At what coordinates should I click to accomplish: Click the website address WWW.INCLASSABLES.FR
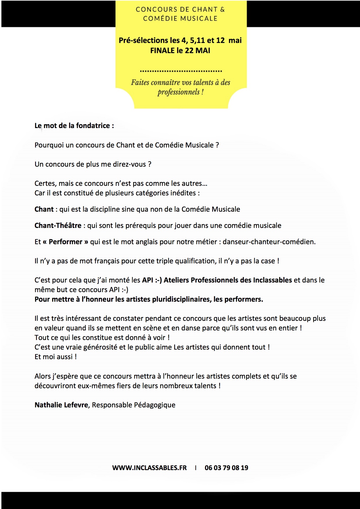pos(149,468)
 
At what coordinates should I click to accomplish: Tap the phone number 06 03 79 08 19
pos(226,468)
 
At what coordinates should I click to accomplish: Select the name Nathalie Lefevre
pos(61,405)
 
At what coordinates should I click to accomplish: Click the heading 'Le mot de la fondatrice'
pos(74,126)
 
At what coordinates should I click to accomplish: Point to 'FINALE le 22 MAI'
pos(180,51)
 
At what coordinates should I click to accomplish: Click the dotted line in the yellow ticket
pos(181,71)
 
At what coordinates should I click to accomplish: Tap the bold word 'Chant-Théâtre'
pos(58,226)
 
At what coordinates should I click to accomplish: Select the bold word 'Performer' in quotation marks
pos(65,242)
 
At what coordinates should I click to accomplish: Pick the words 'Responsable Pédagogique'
pos(134,405)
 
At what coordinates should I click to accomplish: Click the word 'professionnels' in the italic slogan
pos(179,92)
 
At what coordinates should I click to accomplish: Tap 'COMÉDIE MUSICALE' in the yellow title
pos(180,19)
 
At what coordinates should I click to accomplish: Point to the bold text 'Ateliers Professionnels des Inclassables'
pos(228,280)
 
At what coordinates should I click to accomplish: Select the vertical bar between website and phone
pos(196,468)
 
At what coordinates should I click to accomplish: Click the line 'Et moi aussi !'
pos(55,357)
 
